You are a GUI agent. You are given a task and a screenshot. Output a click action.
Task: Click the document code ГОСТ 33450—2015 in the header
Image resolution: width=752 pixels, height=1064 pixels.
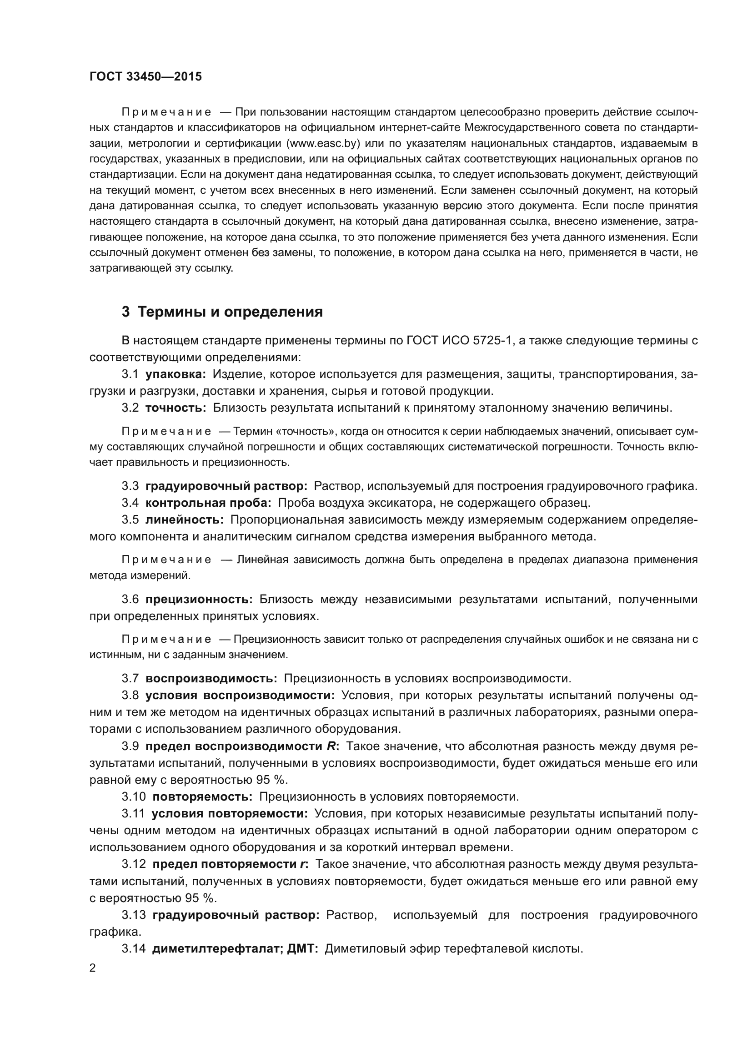coord(145,77)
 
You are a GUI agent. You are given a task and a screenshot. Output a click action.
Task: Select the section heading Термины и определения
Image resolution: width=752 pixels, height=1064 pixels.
coord(230,312)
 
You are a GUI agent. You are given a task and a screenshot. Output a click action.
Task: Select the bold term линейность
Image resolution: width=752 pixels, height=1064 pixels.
coord(184,520)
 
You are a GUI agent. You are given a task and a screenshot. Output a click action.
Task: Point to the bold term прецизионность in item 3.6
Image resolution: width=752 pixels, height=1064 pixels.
coord(199,599)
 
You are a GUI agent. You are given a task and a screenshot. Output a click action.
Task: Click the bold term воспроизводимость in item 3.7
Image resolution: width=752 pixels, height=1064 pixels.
coord(211,678)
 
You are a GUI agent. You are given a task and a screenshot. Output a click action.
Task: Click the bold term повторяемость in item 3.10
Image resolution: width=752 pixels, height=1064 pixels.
coord(202,797)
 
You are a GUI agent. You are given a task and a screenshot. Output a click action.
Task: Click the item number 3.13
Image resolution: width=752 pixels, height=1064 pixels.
coord(133,915)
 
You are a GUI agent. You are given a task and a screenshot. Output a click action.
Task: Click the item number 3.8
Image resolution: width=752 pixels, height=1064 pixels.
coord(130,695)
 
